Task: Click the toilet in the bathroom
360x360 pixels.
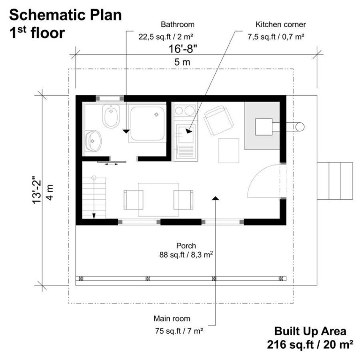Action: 111,117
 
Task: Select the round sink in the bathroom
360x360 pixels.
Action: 94,140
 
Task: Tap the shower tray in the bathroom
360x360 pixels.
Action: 147,123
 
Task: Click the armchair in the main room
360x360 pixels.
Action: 217,120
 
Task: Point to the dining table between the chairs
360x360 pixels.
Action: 158,199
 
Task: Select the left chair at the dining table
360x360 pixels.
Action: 133,199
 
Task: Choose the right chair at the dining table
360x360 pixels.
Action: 183,199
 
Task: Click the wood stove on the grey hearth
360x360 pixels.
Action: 263,126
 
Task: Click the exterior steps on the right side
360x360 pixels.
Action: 335,180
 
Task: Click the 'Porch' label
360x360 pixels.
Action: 186,245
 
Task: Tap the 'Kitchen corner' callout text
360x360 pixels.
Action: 275,24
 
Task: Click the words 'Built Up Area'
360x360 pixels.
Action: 310,331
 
